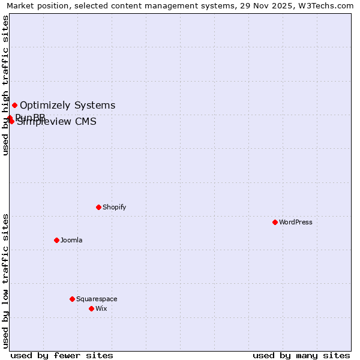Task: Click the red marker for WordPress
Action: pyautogui.click(x=275, y=222)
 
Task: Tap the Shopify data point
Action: pyautogui.click(x=98, y=207)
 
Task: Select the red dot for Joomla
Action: pyautogui.click(x=56, y=240)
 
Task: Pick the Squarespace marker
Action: pyautogui.click(x=72, y=299)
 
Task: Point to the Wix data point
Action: pyautogui.click(x=91, y=308)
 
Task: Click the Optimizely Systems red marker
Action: pyautogui.click(x=14, y=106)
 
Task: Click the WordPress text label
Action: pyautogui.click(x=296, y=222)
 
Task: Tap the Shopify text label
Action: pyautogui.click(x=114, y=207)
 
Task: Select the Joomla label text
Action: pyautogui.click(x=71, y=240)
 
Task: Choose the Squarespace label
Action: pyautogui.click(x=97, y=299)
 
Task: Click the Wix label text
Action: pyautogui.click(x=101, y=308)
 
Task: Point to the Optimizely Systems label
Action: pyautogui.click(x=67, y=106)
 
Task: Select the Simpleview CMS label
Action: pyautogui.click(x=56, y=122)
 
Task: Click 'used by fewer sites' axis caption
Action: pyautogui.click(x=62, y=355)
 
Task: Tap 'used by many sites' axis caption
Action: pyautogui.click(x=301, y=355)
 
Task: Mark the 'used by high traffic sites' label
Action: pyautogui.click(x=5, y=86)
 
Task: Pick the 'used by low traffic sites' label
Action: pyautogui.click(x=5, y=281)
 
